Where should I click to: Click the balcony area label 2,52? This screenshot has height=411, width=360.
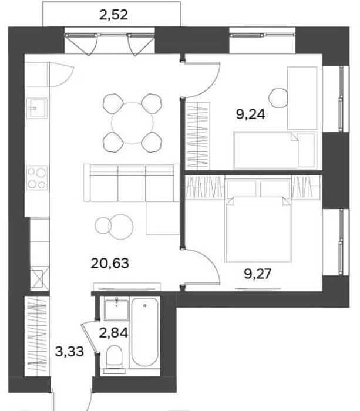coord(113,15)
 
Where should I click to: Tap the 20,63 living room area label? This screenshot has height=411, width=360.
coord(110,263)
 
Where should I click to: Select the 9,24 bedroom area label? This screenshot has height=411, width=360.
coord(250,114)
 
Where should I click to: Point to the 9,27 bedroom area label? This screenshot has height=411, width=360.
coord(257,274)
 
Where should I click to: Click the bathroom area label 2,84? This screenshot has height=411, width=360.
coord(113,333)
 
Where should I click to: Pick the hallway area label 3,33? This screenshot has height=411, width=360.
coord(69,352)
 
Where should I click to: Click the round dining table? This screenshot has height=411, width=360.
coord(132,123)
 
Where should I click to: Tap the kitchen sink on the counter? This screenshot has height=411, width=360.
coord(38,108)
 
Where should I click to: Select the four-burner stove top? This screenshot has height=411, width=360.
coord(37,178)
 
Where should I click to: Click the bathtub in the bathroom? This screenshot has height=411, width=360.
coord(144,332)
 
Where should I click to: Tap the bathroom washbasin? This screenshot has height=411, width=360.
coord(116,309)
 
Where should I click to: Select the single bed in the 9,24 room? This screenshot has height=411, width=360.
coord(275,150)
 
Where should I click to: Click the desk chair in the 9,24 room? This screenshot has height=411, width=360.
coord(278,98)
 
